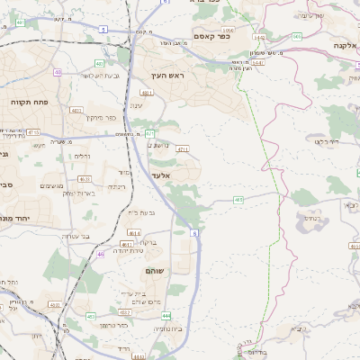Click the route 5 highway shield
click(x=103, y=30)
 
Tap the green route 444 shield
click(x=166, y=315)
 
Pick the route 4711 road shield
click(x=183, y=148)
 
